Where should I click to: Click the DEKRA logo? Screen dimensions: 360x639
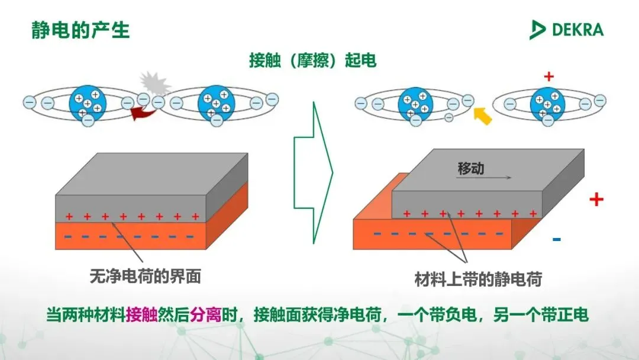click(566, 29)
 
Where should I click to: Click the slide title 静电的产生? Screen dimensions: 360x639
click(80, 30)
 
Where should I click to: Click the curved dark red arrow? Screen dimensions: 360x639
click(141, 113)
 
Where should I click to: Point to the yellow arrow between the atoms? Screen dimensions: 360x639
click(483, 116)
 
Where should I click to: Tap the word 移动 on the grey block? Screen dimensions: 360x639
click(470, 168)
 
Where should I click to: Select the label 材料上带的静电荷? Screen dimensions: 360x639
click(478, 279)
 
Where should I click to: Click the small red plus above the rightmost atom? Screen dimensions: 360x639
click(548, 76)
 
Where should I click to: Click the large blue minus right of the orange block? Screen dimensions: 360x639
click(556, 239)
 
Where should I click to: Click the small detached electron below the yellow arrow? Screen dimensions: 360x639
click(448, 117)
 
